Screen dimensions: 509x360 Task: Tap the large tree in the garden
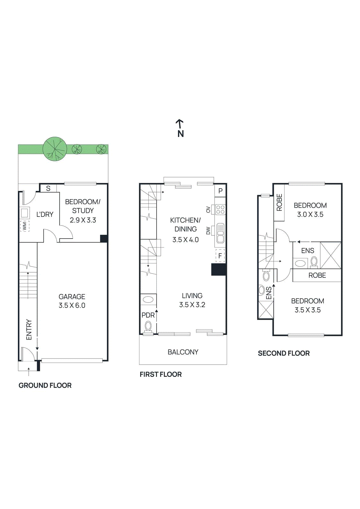[55, 149]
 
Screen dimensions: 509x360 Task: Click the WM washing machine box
[25, 226]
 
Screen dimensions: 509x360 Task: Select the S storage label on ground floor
[48, 188]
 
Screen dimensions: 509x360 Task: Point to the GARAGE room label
[72, 296]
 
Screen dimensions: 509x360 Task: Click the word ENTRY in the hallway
[29, 329]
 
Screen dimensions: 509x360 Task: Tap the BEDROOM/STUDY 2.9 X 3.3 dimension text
[83, 220]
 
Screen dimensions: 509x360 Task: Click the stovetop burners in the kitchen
[220, 209]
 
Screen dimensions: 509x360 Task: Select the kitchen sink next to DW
[220, 233]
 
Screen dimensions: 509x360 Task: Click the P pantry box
[220, 191]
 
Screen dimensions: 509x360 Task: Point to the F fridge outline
[220, 255]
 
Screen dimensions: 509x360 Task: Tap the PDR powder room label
[148, 315]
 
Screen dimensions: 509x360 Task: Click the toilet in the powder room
[148, 326]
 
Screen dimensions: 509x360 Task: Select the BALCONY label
[183, 352]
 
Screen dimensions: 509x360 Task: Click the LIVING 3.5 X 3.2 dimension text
[192, 305]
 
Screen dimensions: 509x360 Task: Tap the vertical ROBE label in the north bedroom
[279, 203]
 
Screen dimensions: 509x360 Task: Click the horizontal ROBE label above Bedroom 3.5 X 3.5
[317, 275]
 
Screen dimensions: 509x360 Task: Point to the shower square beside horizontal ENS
[330, 255]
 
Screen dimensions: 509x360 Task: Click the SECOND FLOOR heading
[284, 353]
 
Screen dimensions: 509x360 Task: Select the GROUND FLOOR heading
[45, 385]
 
